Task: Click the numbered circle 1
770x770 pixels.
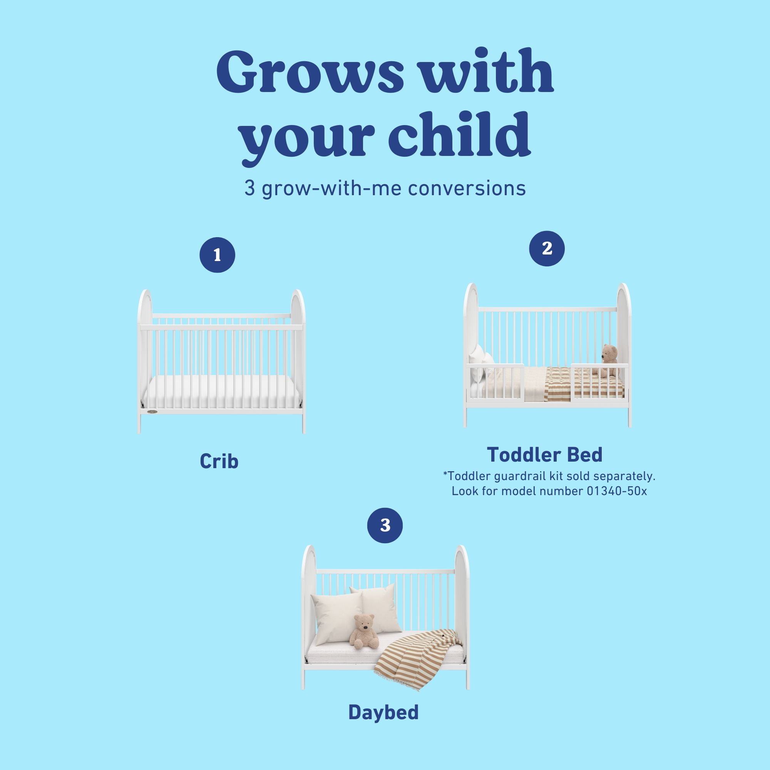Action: coord(217,255)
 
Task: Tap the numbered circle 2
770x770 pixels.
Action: coord(547,248)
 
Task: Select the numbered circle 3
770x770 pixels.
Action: coord(385,525)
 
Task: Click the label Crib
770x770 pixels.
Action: coord(219,461)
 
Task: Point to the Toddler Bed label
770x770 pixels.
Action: coord(544,454)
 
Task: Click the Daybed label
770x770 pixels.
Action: coord(383,712)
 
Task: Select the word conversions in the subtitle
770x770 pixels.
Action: coord(467,188)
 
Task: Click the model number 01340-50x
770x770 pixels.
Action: coord(616,491)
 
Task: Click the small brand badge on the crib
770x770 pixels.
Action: coord(152,412)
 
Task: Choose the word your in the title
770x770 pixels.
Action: coord(309,134)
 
